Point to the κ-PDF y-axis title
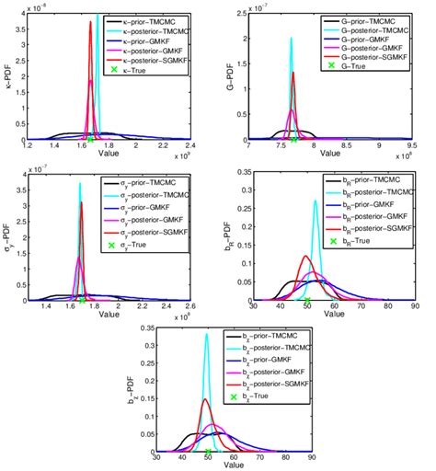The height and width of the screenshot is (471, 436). pos(8,75)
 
